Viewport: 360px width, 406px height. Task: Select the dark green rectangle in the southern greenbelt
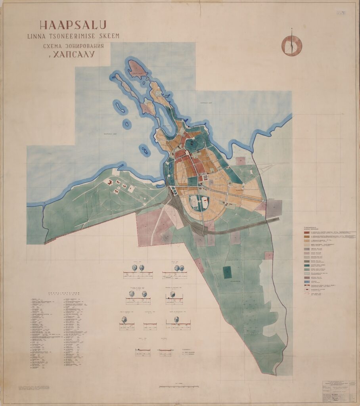tap(228, 272)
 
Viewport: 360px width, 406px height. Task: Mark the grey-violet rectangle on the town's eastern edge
tap(274, 208)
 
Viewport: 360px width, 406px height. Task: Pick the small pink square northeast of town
tap(241, 161)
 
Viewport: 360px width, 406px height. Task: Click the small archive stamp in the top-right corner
tap(340, 13)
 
